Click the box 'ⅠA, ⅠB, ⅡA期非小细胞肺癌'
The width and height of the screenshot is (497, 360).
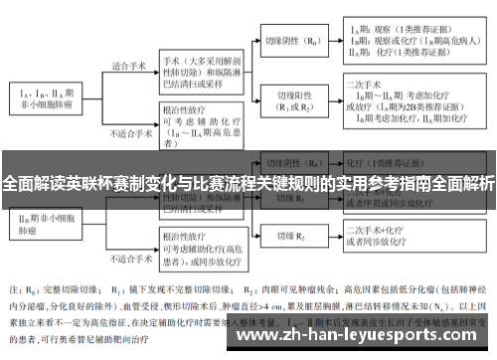47,94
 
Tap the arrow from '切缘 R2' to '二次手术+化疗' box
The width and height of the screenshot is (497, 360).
335,237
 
